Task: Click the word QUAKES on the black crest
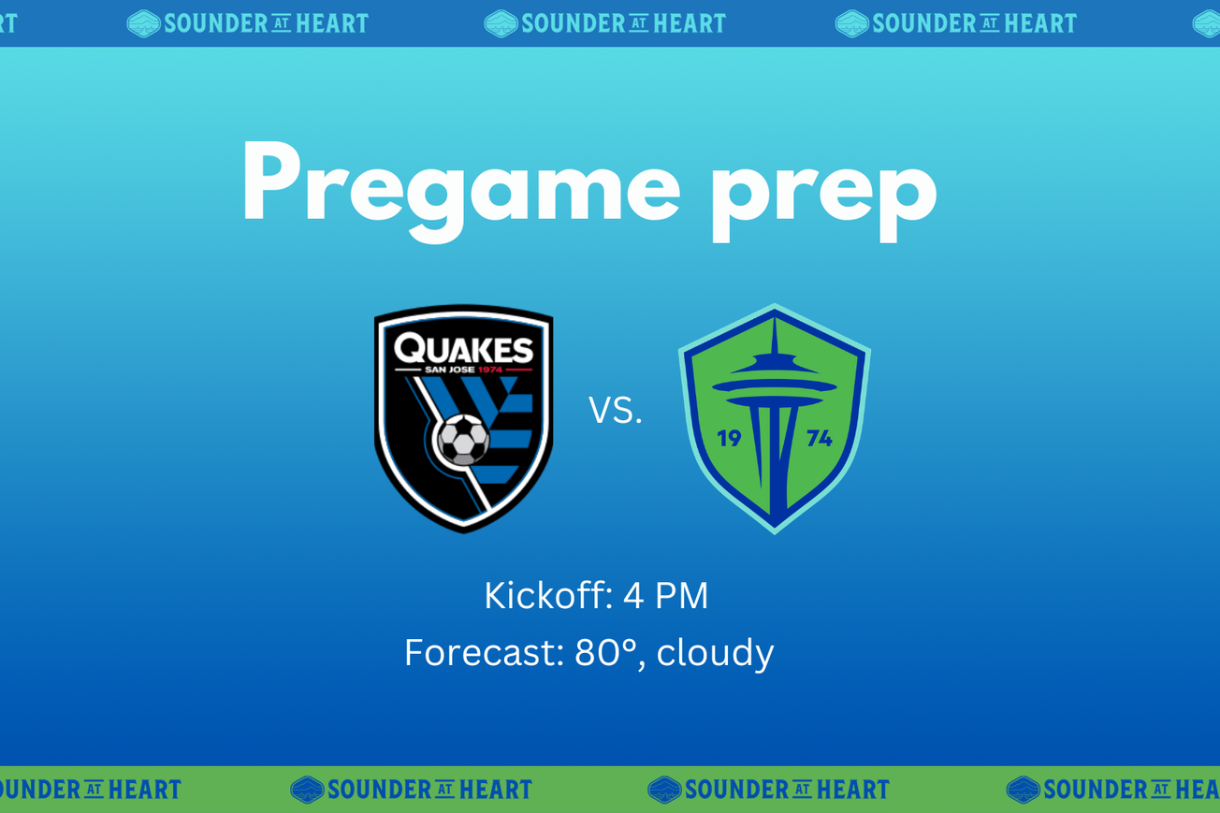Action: pos(463,350)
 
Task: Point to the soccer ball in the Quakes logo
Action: pos(463,439)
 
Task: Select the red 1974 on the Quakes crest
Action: pos(491,370)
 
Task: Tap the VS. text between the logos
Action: pos(615,411)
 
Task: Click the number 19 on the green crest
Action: pos(729,438)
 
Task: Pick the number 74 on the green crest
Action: pos(819,438)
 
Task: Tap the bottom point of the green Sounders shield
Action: pos(775,530)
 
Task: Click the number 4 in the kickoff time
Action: pos(633,596)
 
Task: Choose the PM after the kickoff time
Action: pos(681,596)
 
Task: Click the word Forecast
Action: pos(484,652)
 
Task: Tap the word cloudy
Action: pos(715,652)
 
